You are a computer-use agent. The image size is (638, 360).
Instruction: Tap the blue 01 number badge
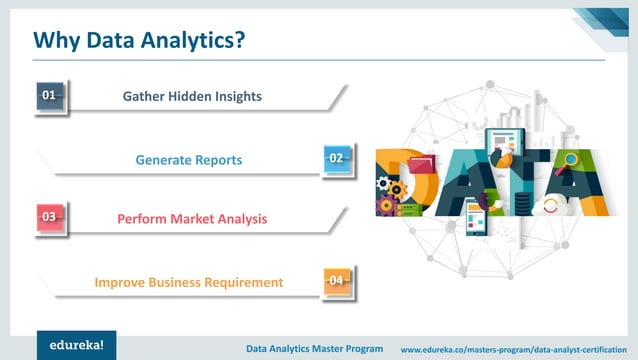(48, 95)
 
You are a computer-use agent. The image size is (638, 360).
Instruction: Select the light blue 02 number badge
(337, 158)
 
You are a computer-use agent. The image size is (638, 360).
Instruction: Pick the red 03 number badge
(48, 216)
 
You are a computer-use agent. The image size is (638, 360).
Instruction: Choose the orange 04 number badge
(337, 280)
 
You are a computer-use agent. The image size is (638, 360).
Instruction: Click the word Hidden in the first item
(192, 96)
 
